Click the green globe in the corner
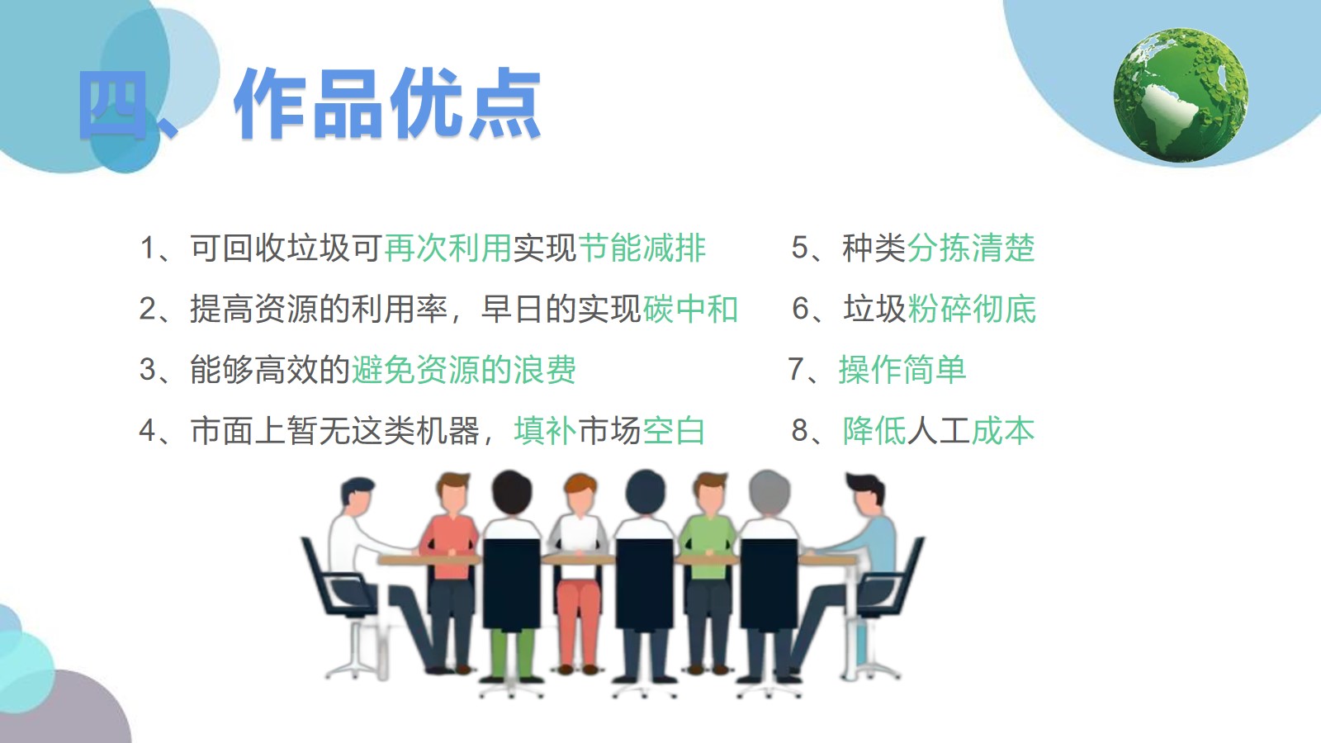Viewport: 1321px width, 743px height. pos(1181,95)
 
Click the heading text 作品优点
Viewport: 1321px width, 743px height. pos(387,104)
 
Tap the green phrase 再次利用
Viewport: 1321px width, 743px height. pos(447,248)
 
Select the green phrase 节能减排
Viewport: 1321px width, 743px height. pos(642,248)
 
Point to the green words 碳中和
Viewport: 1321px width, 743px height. pos(690,309)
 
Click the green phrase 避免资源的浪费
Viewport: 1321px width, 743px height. pos(463,370)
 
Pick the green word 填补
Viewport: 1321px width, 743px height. pos(545,430)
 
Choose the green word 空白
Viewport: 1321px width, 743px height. pos(674,430)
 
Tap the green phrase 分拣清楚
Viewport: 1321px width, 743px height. pos(971,248)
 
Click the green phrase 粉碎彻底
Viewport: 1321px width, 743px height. pos(972,309)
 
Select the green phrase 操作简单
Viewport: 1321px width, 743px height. pos(902,370)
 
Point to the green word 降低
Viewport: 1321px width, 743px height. pos(874,430)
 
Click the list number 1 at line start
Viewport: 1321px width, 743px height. pos(148,248)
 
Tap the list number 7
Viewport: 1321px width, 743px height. pos(797,370)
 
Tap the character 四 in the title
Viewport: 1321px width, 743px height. pos(112,105)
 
